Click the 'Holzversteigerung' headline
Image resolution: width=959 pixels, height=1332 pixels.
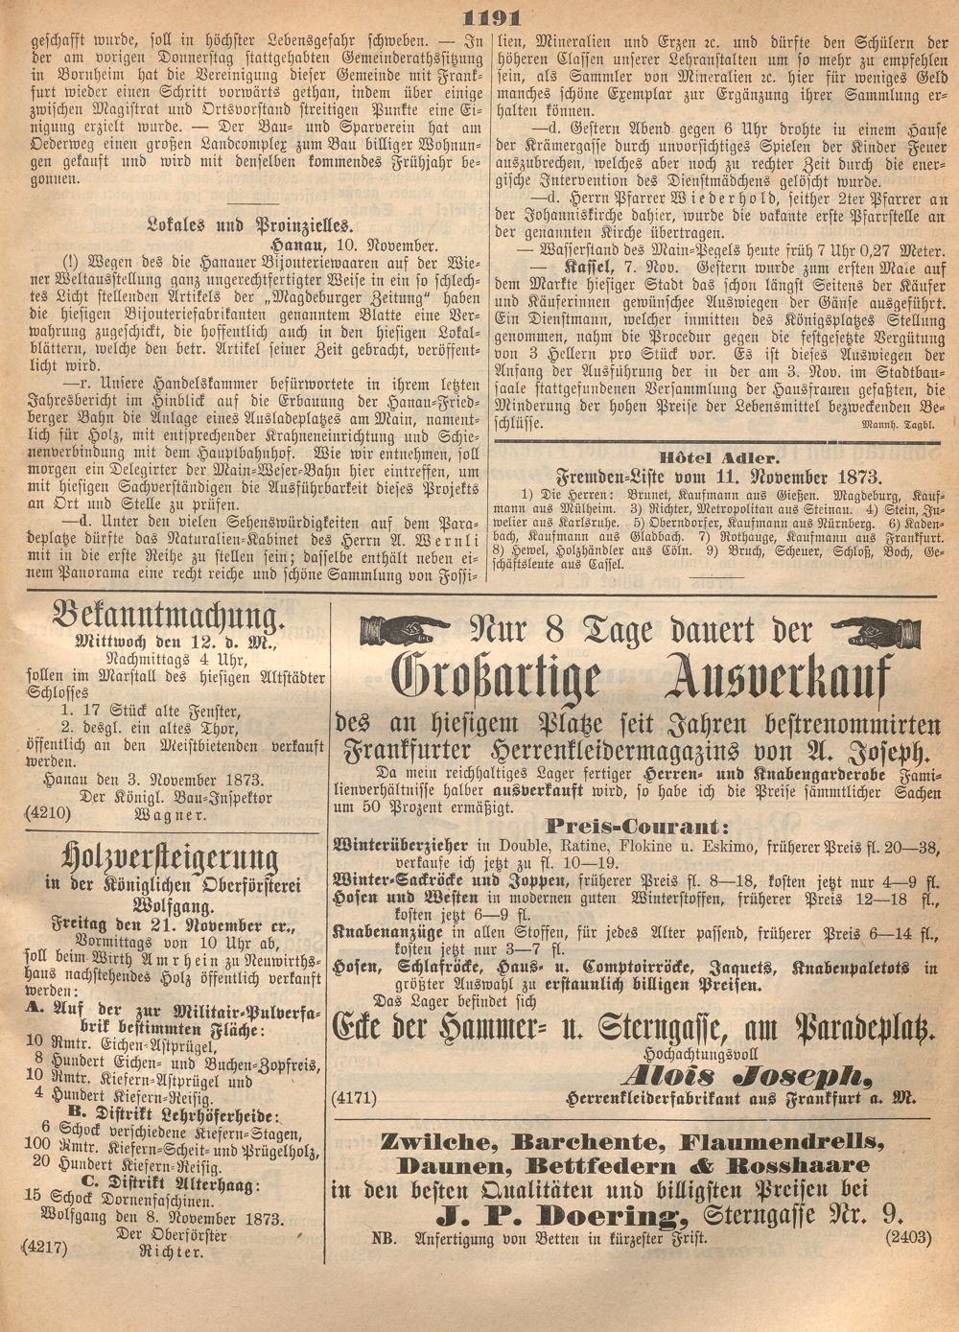point(170,856)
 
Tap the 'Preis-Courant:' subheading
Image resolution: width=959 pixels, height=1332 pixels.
point(635,825)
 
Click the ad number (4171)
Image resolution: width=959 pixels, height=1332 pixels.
point(351,1095)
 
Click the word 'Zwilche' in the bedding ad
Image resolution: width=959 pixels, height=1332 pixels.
point(436,1141)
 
